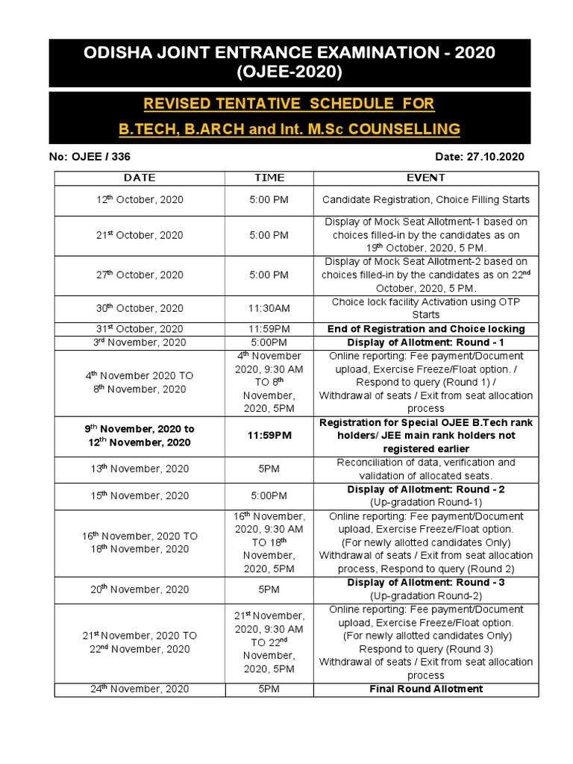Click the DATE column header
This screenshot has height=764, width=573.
(x=140, y=178)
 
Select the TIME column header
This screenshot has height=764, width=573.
(x=269, y=178)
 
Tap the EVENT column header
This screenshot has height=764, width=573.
(x=426, y=178)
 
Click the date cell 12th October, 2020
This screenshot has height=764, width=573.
(x=140, y=200)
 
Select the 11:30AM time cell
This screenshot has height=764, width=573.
(x=269, y=308)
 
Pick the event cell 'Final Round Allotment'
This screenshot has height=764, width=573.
(x=426, y=689)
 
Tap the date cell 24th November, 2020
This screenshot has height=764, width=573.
(x=140, y=689)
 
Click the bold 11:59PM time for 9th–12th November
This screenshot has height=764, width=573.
(x=269, y=436)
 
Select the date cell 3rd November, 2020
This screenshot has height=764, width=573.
(x=140, y=342)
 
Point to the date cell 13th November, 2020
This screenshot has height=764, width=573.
(x=140, y=469)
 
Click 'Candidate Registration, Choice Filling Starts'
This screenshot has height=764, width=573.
(x=426, y=200)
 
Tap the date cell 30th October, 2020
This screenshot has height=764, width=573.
(x=140, y=308)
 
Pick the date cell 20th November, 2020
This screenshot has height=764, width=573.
(x=140, y=589)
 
